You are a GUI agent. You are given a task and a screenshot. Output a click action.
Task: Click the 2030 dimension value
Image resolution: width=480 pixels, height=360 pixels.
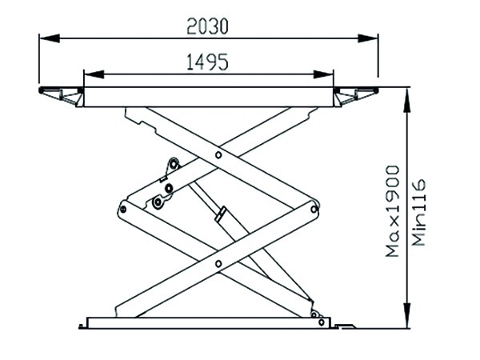[207, 26]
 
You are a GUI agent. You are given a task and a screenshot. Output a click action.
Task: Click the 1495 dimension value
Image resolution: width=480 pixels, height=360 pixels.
[207, 62]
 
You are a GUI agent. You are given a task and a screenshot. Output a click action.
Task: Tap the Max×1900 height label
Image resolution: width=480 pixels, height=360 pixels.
[392, 211]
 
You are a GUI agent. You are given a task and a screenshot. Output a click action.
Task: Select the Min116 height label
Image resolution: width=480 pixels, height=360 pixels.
[418, 213]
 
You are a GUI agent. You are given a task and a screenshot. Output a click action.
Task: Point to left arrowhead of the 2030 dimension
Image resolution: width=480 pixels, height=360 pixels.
[50, 38]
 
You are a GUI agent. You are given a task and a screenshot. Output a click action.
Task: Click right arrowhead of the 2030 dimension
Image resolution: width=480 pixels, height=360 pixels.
[368, 38]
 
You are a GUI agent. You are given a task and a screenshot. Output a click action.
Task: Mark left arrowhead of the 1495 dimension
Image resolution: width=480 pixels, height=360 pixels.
[94, 74]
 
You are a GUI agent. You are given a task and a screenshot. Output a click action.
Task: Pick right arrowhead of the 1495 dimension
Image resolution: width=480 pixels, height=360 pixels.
[323, 74]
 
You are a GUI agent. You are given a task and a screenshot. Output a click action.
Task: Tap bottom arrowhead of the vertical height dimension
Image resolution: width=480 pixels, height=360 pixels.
[407, 317]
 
